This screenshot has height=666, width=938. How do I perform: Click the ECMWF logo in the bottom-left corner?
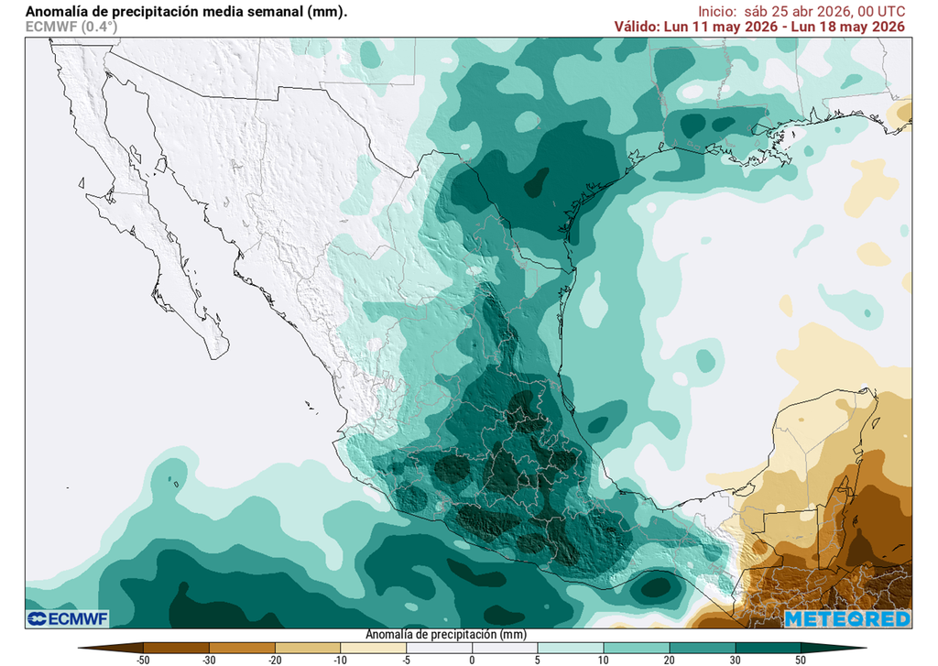coord(68,619)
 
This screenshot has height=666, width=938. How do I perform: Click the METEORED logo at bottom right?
coord(847,619)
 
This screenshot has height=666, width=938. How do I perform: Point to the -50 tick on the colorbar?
coord(143,659)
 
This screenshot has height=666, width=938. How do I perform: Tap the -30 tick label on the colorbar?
coord(209,659)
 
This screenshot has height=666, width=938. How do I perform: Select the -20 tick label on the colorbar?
coord(275,659)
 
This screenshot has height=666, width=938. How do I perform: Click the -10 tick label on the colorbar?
coord(341,659)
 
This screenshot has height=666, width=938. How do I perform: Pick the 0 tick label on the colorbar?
coord(473,659)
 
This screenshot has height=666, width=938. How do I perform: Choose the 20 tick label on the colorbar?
coord(669,659)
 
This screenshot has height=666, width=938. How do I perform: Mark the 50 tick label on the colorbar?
coord(801,659)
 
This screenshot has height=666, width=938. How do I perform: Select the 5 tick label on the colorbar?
coord(538,659)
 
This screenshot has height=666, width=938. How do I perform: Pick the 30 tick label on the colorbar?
coord(735,659)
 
